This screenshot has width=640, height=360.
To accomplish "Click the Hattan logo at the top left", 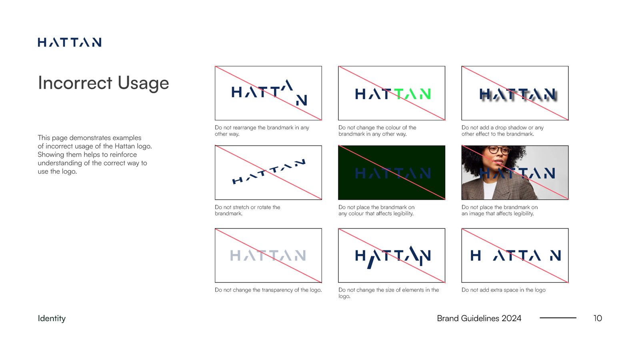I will point(69,42).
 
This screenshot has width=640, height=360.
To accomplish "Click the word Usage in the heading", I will point(143,83).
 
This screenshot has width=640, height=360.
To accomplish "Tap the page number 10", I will point(597,318).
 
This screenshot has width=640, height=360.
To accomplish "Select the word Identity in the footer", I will point(52,318).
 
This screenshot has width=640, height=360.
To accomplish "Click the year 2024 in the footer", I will point(511,318).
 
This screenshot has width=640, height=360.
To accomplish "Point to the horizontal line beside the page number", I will point(558,318).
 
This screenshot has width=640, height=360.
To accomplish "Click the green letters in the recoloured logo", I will point(413,94).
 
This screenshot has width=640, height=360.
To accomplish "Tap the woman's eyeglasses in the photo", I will point(499,151).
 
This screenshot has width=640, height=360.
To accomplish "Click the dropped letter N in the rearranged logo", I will point(302,100).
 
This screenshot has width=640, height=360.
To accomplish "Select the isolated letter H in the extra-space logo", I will point(476,255).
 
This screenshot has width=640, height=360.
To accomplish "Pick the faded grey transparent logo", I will point(268,255).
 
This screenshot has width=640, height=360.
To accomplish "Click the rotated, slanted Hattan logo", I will point(268,172).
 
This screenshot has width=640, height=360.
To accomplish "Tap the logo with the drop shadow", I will point(518,94).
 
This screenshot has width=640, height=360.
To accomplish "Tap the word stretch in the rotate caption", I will point(241,207).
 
